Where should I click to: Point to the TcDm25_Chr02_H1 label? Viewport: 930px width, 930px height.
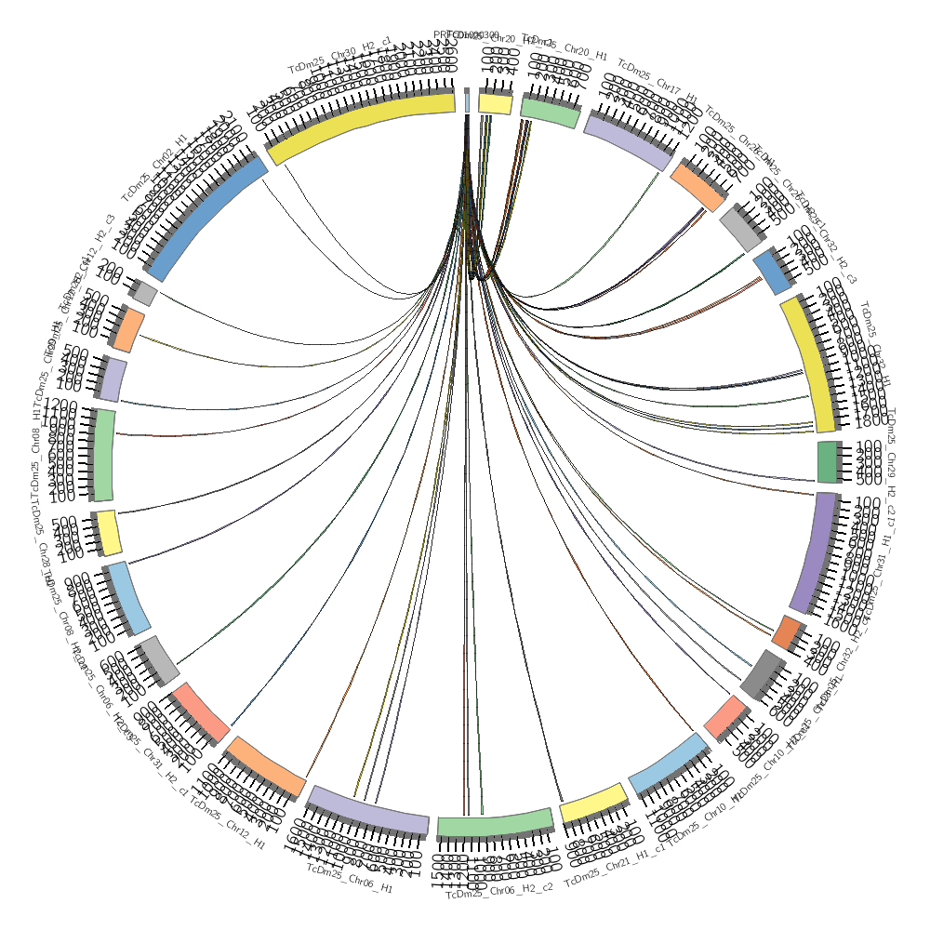[x=154, y=167]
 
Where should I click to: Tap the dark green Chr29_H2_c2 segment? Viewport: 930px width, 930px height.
[x=828, y=462]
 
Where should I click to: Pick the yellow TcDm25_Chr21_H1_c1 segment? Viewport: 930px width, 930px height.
[x=590, y=805]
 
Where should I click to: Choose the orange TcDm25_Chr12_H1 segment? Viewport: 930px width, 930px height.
[x=265, y=766]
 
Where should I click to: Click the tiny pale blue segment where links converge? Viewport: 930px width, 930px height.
[x=467, y=100]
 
